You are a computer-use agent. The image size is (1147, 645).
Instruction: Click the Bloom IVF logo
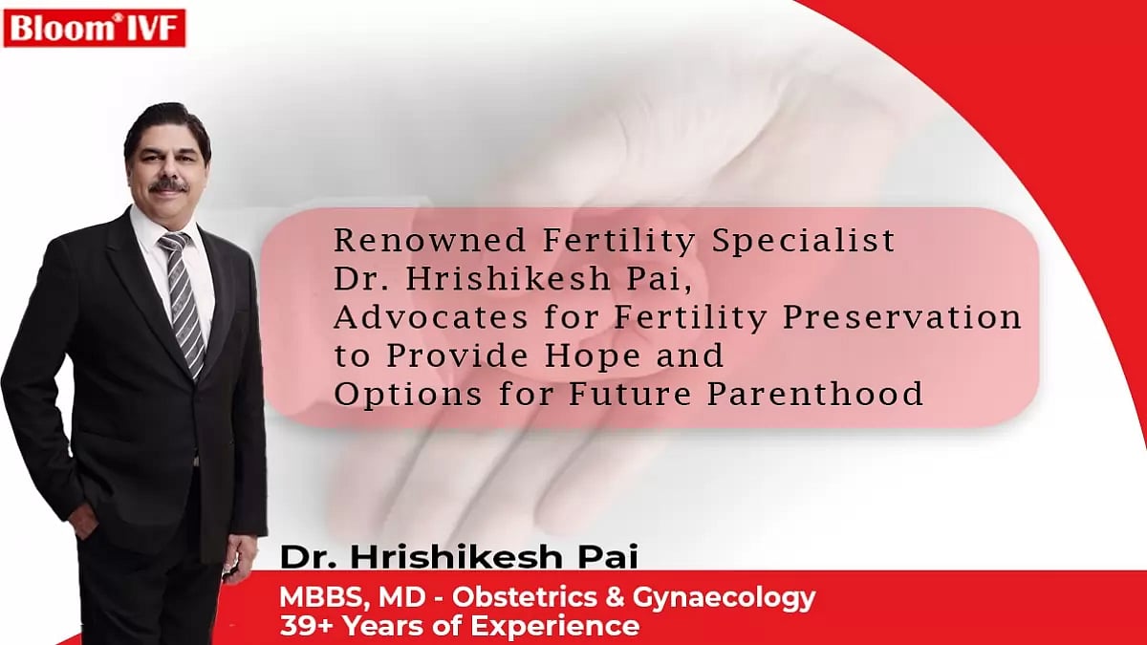[95, 28]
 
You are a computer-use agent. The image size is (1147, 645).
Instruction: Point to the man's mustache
[168, 184]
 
